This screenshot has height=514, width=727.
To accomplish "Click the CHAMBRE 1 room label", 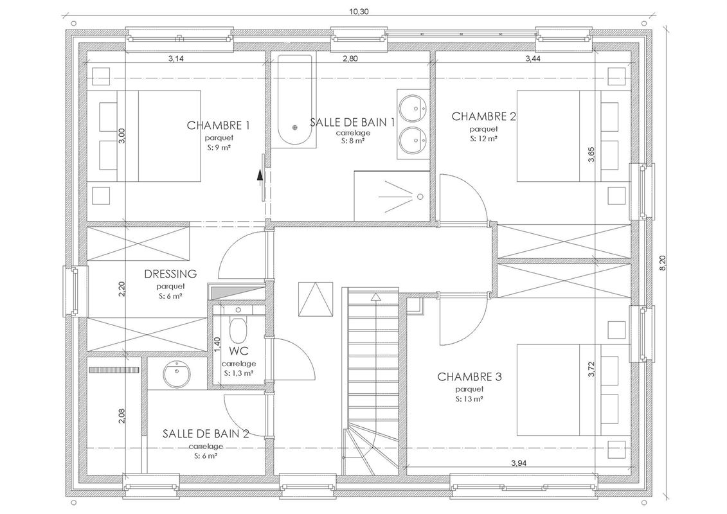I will pos(218,125).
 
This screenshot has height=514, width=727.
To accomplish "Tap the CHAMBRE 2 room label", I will pos(484,116).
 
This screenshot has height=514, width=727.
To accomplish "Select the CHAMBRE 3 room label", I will pos(469,377).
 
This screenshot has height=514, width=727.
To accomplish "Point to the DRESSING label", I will pos(171,274).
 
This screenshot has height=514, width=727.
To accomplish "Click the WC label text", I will pos(238,351).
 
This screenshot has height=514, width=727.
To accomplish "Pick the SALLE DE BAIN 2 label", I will pos(206,434).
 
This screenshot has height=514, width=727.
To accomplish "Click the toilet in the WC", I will pos(238,328).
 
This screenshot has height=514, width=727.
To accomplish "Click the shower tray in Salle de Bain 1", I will pos(392,195).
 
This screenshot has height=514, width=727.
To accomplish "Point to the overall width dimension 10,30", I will pos(358,11).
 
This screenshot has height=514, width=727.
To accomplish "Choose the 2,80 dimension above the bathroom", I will pos(350,59).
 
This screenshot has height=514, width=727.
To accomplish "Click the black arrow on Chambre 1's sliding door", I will pos(260,174).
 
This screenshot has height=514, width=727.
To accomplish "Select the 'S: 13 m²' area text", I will pos(469,399).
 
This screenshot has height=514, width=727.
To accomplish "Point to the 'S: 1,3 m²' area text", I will pos(238,373).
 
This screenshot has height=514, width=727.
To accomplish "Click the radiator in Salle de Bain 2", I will pos(114,370).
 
